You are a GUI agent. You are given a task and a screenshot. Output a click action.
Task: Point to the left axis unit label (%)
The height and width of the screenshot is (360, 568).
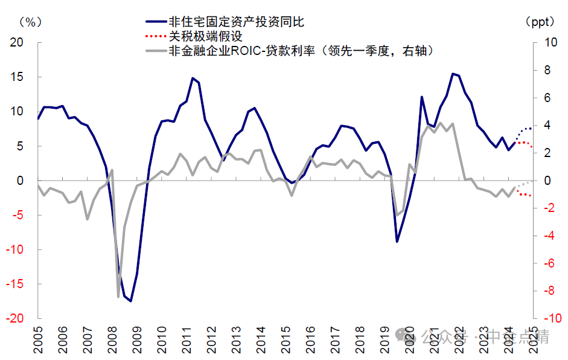pyautogui.click(x=28, y=22)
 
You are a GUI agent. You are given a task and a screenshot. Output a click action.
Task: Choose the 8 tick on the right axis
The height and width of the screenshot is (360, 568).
pyautogui.click(x=547, y=70)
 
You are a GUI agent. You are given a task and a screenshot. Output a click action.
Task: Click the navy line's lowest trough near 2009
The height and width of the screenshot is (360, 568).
pyautogui.click(x=131, y=301)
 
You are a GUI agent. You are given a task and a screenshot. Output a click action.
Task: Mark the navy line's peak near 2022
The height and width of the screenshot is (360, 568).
pyautogui.click(x=453, y=74)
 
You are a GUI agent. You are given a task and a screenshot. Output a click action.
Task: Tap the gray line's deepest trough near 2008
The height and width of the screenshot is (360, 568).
pyautogui.click(x=118, y=296)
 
